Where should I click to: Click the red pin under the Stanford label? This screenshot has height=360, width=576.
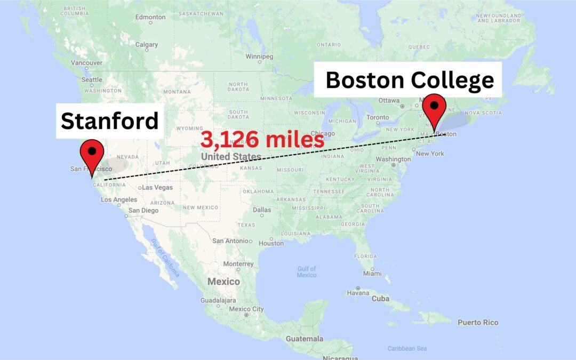pos(92,155)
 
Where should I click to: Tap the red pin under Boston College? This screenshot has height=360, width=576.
pos(434,109)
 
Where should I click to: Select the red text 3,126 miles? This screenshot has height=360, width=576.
pos(262,140)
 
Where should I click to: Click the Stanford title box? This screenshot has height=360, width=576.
pos(110,121)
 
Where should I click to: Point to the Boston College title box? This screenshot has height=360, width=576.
pos(410,80)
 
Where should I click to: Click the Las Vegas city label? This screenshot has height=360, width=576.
pos(157,187)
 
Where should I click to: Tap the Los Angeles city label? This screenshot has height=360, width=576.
pos(119,199)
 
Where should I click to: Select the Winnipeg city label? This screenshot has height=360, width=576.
pos(259,57)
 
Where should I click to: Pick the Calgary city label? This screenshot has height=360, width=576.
pos(146,45)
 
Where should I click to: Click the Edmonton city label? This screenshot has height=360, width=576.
pos(151,17)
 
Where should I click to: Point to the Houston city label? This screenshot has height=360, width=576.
pos(271,243)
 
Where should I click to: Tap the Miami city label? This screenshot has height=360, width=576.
pos(372,274)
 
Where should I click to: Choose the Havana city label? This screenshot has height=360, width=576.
pos(358,293)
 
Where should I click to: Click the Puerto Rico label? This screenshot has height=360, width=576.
pos(478,322)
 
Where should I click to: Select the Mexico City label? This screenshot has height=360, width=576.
pos(246,309)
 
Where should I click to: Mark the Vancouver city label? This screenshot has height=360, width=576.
pos(86,62)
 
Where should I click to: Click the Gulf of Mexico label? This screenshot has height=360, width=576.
pos(307,271)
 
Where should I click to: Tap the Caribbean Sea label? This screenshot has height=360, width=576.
pos(407,348)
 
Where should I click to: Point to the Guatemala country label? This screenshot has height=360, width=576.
pos(304,339)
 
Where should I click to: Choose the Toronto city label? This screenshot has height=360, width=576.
pos(378,117)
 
